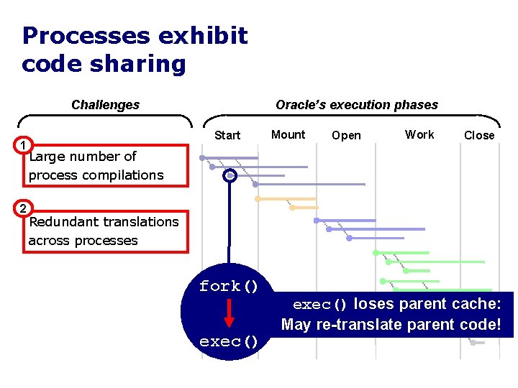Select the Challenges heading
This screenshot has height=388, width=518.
[x=105, y=105]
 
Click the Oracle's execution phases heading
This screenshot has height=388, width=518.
[x=357, y=105]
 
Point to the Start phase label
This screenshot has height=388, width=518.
[x=227, y=135]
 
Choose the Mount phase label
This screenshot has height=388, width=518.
[x=288, y=134]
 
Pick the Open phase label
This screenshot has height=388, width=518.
[x=346, y=135]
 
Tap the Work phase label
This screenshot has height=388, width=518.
[x=419, y=134]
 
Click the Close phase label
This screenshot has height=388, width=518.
[x=479, y=135]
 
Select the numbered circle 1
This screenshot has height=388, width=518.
[x=24, y=146]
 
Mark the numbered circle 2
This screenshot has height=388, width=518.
[x=24, y=208]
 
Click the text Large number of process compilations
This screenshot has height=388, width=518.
[x=96, y=165]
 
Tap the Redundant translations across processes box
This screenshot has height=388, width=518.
[x=105, y=231]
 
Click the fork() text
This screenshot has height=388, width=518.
[x=229, y=286]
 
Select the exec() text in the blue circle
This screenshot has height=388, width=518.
[x=229, y=341]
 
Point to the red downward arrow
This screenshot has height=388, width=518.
[x=229, y=313]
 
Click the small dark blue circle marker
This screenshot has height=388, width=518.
[x=230, y=175]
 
